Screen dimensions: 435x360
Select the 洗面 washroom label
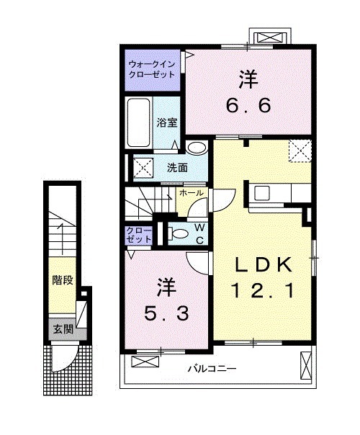click(178, 168)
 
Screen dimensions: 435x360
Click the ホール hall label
click(191, 194)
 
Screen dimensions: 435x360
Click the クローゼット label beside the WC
click(140, 234)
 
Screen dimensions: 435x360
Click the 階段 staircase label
click(63, 280)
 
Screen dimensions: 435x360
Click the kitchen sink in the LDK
click(261, 193)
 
